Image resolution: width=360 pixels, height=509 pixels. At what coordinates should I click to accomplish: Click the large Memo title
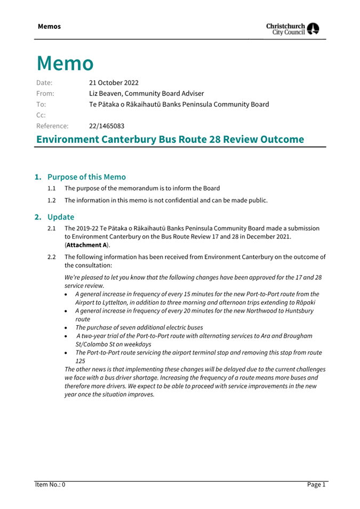[65, 63]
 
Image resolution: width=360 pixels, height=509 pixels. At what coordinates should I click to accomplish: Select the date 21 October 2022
[114, 83]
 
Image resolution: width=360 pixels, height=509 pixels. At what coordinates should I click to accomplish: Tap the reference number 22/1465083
[107, 126]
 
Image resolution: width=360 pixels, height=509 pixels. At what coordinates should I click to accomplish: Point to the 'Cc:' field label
[41, 115]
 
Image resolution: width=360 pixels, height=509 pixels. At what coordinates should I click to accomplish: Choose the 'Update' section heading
[61, 217]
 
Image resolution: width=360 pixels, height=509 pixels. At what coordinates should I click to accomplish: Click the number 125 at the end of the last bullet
[81, 360]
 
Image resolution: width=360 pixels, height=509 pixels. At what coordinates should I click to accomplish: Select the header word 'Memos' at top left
[49, 26]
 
